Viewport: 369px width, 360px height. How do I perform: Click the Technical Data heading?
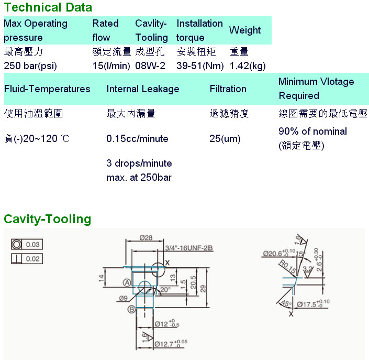48,7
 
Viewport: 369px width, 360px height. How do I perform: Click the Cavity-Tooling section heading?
48,219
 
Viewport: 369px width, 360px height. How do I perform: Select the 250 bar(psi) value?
30,66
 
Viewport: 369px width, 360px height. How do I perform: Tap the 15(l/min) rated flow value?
110,66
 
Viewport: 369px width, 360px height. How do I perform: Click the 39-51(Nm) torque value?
200,66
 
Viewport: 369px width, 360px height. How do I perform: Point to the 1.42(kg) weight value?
248,66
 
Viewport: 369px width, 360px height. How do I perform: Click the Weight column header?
245,30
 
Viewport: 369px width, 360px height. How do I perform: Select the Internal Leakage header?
143,89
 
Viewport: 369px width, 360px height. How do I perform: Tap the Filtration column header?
228,89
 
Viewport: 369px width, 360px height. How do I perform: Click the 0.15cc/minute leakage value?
137,139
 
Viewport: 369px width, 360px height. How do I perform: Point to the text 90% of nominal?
312,131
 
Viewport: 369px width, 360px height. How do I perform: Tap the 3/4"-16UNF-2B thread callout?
188,248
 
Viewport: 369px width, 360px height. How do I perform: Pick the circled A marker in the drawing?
127,282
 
